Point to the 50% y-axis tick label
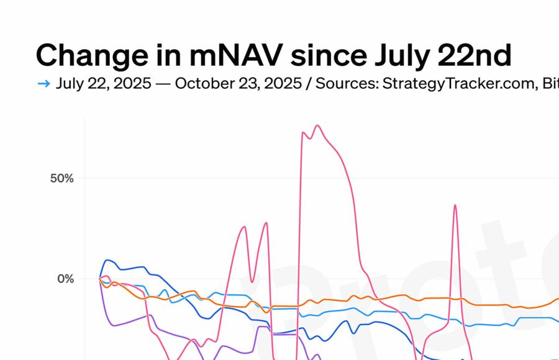[x=61, y=179]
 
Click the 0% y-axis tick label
[x=65, y=279]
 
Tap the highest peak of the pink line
[x=317, y=125]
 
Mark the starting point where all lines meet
[x=99, y=278]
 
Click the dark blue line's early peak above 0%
[x=108, y=260]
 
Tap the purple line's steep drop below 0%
[x=104, y=304]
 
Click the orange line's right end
[x=557, y=299]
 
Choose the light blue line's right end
[x=557, y=321]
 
